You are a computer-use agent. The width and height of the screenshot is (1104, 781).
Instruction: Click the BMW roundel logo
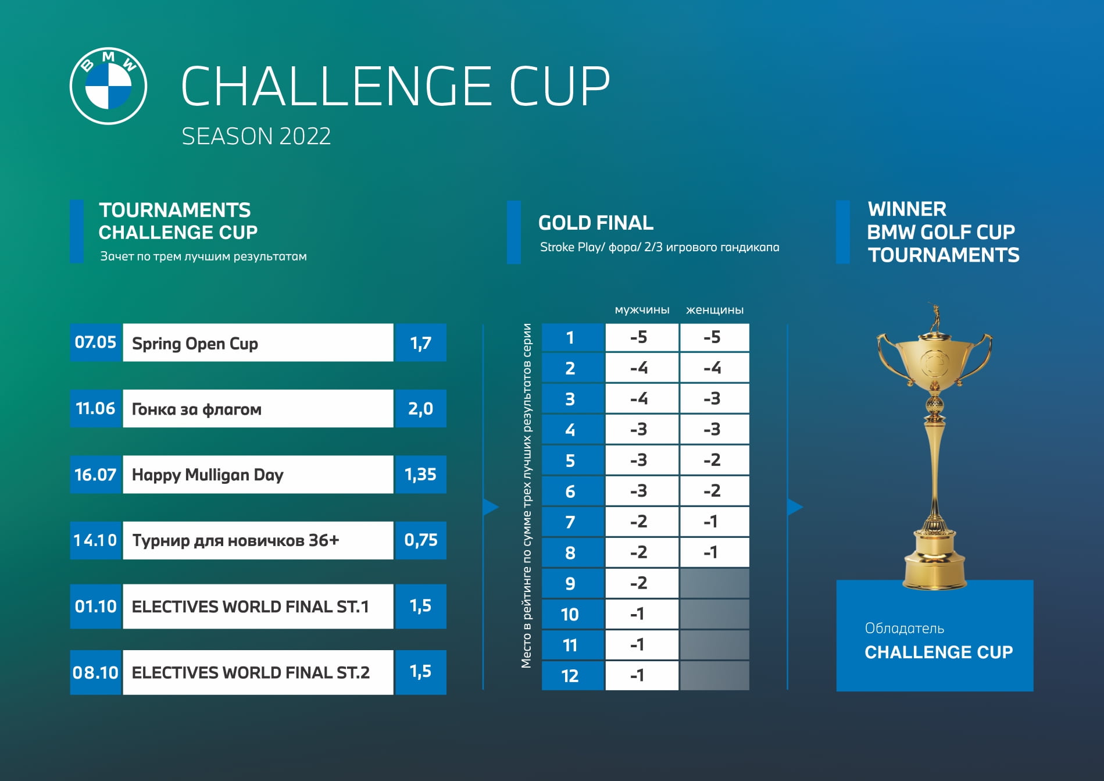(108, 86)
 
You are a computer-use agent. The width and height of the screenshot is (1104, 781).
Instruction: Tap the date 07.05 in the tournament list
(96, 343)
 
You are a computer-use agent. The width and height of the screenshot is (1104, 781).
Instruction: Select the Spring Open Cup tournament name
(195, 344)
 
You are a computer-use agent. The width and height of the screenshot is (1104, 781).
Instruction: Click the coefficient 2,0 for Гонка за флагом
(420, 408)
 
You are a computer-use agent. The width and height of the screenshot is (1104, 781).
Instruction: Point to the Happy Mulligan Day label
(208, 475)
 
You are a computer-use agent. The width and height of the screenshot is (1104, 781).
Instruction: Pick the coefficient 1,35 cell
(420, 475)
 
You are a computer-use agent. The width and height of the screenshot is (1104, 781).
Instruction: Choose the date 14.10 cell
(96, 540)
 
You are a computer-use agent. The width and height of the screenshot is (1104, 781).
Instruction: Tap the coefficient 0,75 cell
(420, 540)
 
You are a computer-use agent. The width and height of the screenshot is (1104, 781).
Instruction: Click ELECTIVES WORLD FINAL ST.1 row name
(251, 607)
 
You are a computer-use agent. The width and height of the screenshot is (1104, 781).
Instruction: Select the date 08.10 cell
(96, 672)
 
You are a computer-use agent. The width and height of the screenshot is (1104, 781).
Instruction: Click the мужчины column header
(642, 310)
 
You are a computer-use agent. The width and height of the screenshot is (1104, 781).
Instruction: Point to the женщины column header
(714, 310)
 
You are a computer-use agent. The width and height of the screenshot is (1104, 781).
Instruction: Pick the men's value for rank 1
(642, 337)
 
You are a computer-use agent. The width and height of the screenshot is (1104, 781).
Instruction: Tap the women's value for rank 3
(714, 399)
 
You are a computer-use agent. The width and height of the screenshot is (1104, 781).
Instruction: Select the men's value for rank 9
(642, 583)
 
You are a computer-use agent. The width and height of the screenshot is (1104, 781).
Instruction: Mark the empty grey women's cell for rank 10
(714, 614)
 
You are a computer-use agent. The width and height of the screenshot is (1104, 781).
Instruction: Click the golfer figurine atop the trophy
(935, 318)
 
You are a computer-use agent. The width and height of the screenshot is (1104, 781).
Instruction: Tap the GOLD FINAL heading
(596, 223)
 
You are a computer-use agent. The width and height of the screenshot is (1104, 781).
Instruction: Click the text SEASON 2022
(256, 137)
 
